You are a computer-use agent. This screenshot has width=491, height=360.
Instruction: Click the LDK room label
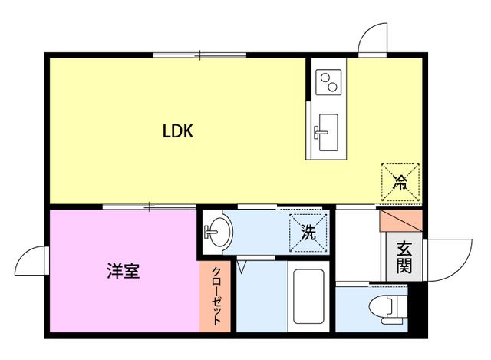point(177,131)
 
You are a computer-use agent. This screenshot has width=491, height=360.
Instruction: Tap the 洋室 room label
point(123,271)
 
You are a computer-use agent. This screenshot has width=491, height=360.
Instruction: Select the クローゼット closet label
point(216,296)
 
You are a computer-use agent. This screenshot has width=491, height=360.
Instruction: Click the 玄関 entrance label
point(404,258)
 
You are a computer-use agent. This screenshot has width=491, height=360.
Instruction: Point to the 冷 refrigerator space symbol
point(400,182)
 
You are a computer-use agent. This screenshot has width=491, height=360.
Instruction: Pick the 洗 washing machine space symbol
point(308,232)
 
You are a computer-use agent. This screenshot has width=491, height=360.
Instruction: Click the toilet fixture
point(387,309)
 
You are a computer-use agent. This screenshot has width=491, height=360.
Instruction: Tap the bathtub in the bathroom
point(308,296)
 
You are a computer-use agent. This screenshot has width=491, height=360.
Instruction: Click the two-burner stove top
point(328,82)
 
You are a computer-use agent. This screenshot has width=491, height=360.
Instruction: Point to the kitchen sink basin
point(328,132)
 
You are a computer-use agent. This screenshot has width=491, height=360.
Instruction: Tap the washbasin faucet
point(210,232)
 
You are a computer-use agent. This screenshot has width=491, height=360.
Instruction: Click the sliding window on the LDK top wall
point(199,55)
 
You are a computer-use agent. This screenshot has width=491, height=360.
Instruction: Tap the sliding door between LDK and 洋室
point(150,206)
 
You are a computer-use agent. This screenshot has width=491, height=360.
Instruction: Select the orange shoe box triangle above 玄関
point(400,220)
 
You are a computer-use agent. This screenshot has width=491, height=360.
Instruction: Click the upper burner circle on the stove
point(325,77)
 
